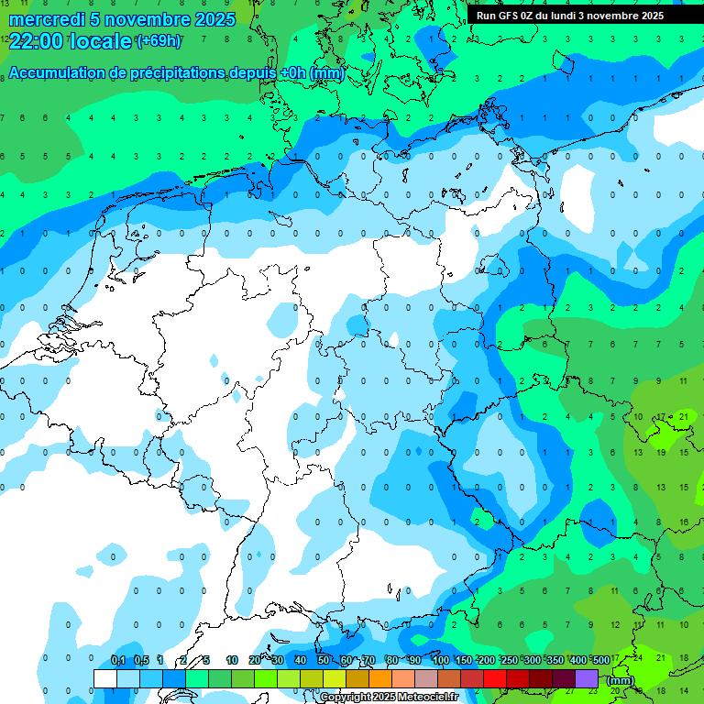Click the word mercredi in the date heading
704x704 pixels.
point(47,19)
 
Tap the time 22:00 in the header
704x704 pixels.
point(37,40)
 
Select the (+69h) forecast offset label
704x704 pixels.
point(159,40)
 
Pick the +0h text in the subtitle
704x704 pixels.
point(292,73)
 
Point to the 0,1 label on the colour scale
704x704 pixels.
point(118,661)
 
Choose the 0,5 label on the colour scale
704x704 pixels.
point(141,661)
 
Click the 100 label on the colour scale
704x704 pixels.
point(440,661)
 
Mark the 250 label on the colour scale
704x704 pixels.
point(509,661)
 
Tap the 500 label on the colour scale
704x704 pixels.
point(600,661)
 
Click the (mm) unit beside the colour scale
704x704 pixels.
point(621,680)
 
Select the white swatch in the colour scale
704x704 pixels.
point(104,678)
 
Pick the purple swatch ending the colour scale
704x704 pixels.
point(587,678)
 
